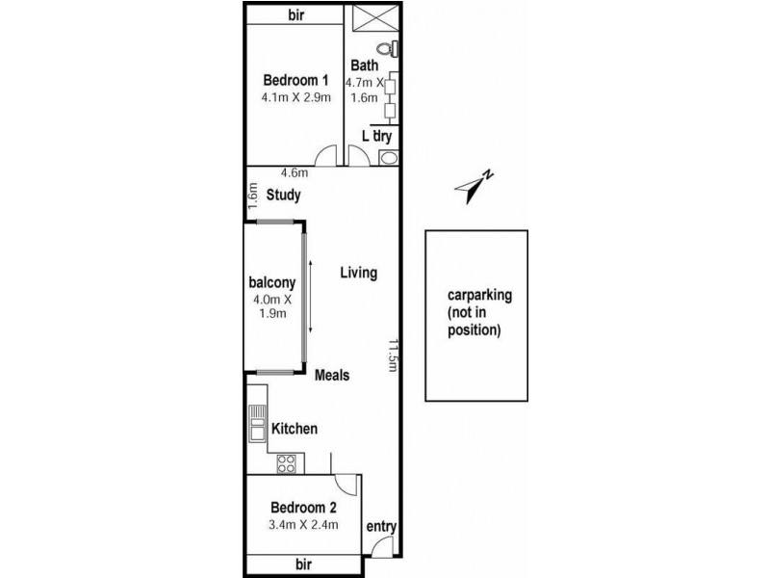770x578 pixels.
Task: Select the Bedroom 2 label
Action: click(302, 507)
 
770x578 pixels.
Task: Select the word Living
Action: click(358, 274)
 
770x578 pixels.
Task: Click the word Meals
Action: click(332, 375)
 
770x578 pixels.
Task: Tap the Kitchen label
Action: click(294, 429)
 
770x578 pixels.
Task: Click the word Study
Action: click(284, 195)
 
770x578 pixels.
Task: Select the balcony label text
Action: click(270, 283)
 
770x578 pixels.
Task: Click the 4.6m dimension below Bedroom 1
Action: click(294, 173)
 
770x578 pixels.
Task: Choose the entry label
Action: click(381, 527)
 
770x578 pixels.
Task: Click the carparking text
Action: click(476, 296)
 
